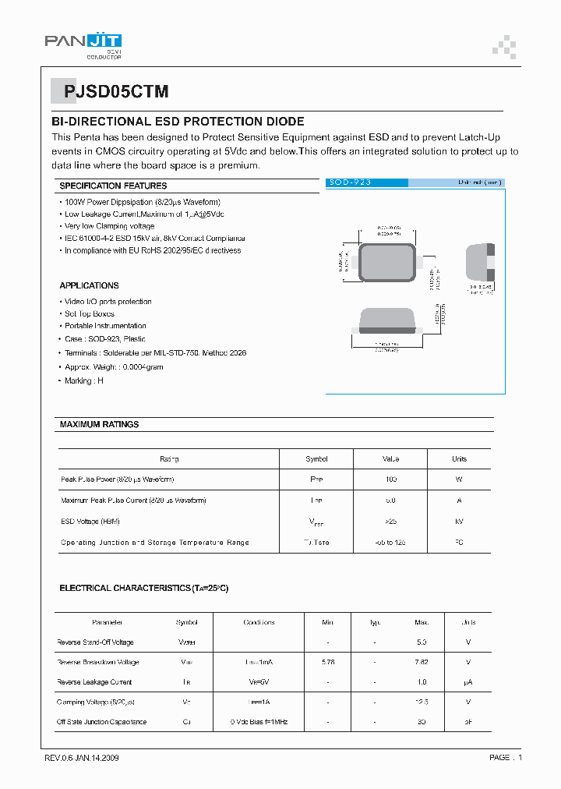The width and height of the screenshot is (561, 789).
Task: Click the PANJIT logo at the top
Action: [83, 44]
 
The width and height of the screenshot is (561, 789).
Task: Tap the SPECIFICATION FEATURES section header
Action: [113, 186]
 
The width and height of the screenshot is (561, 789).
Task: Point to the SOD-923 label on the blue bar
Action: [350, 182]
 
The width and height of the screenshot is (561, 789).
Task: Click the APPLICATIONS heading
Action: [89, 286]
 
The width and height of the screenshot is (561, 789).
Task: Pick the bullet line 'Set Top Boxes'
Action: [89, 314]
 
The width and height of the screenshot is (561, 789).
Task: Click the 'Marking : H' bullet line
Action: [83, 380]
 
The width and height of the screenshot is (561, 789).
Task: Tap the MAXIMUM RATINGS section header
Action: [99, 425]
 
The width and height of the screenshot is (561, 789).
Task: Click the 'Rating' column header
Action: [169, 459]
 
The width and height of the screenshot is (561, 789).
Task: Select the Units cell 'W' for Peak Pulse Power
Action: [459, 479]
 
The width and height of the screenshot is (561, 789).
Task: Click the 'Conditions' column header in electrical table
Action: [259, 623]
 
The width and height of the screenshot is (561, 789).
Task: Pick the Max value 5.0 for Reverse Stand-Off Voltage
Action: [422, 642]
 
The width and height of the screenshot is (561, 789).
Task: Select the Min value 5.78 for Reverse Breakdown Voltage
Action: [328, 663]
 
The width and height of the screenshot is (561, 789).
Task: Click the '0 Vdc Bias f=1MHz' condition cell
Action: [259, 723]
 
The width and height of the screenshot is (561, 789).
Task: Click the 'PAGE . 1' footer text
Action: [506, 758]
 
